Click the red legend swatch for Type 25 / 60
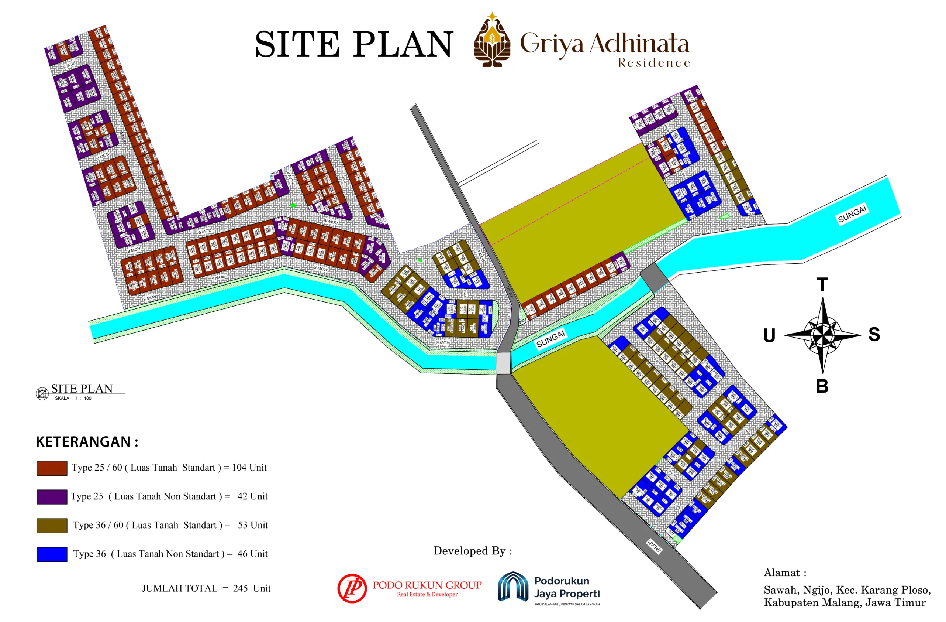[x=52, y=468]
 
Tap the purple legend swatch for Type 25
[x=52, y=497]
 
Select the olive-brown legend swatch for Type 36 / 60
[x=52, y=525]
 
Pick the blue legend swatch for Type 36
[x=52, y=554]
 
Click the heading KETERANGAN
[x=87, y=442]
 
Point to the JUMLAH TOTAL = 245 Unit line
[x=206, y=588]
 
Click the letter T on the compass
[x=822, y=285]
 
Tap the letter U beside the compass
[x=769, y=335]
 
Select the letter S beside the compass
[x=874, y=334]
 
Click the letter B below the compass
[x=822, y=386]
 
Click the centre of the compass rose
[x=822, y=335]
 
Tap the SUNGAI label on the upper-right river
[x=852, y=214]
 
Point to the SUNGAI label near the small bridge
[x=550, y=339]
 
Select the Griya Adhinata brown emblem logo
[x=492, y=40]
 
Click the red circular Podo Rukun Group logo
[x=352, y=588]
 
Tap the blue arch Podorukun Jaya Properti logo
[x=513, y=587]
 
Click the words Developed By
[x=473, y=551]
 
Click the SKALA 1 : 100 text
[x=73, y=398]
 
